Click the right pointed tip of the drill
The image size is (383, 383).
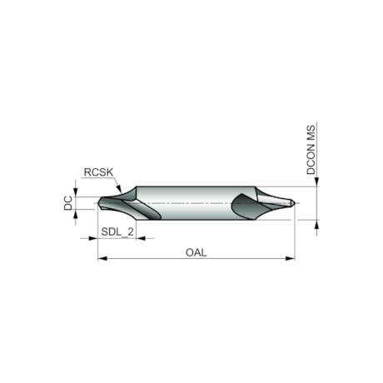(x=295, y=202)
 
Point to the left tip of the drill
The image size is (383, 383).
(x=98, y=203)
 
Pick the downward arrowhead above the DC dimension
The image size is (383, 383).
(x=77, y=194)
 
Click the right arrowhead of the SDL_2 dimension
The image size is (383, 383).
(x=141, y=238)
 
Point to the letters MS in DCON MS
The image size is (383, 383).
(x=310, y=133)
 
